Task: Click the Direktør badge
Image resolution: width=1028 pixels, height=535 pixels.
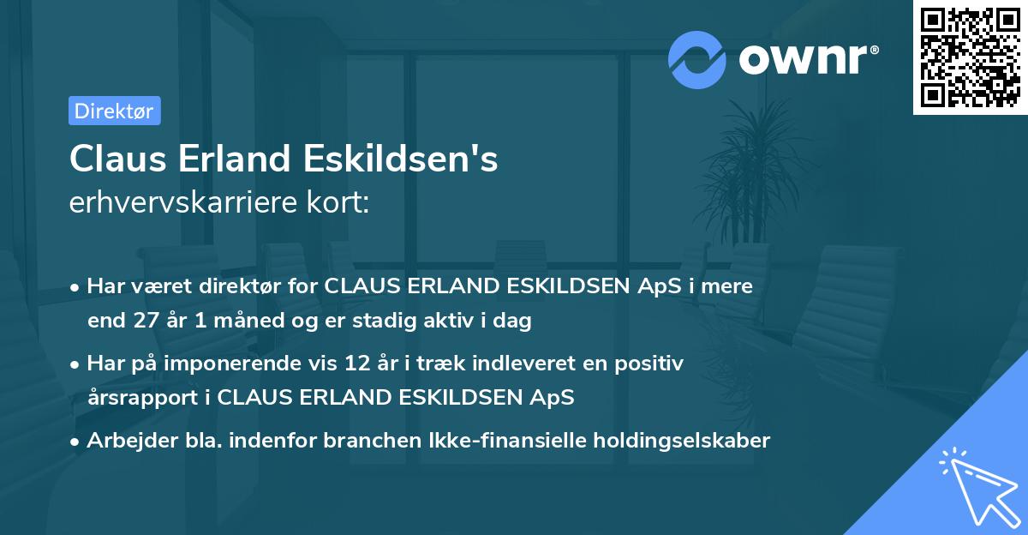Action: click(114, 111)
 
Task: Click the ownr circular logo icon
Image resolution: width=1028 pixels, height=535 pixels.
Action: click(698, 60)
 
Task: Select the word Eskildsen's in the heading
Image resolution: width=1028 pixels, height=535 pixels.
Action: click(401, 159)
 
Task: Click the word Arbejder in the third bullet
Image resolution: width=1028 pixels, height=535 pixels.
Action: click(125, 441)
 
